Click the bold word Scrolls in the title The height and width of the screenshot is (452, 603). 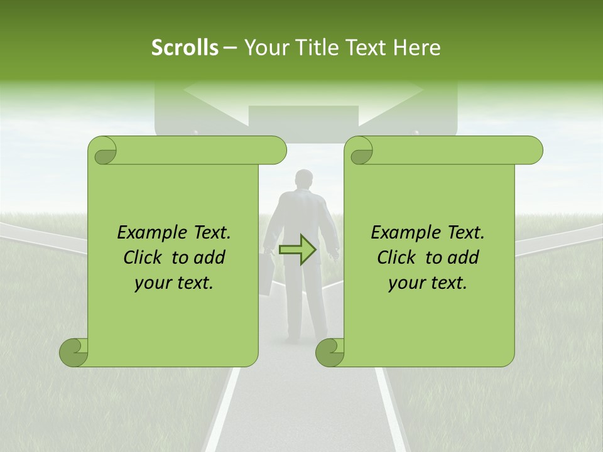185,48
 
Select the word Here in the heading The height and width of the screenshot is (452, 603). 416,48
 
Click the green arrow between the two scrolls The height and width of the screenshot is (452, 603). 297,249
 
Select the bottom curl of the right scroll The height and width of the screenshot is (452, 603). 330,352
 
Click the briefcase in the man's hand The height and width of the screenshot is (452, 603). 267,272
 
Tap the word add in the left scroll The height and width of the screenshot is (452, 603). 210,257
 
